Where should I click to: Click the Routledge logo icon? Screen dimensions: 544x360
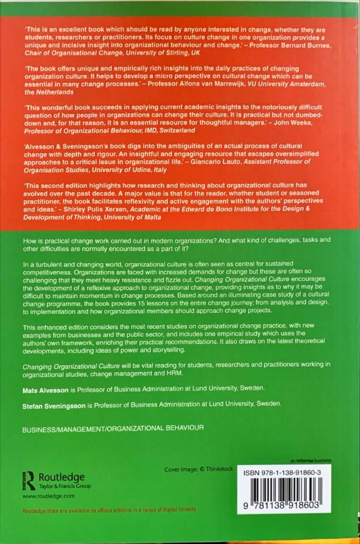coord(30,480)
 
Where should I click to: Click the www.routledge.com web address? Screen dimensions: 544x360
coord(48,495)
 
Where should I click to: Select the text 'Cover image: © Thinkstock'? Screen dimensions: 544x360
coord(198,470)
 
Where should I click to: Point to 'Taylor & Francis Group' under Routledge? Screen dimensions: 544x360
coord(65,486)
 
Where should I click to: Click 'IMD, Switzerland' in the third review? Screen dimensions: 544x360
coord(168,130)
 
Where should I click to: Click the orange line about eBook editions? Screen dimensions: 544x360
coord(109,509)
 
